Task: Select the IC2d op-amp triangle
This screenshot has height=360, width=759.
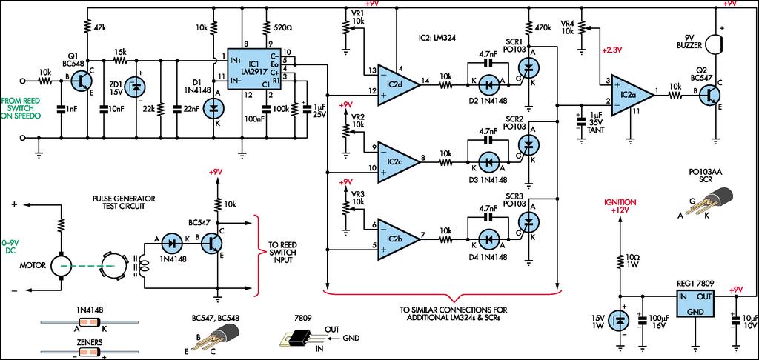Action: click(398, 84)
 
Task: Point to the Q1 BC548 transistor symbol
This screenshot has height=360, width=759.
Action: click(80, 82)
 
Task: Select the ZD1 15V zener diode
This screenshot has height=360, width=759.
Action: click(135, 86)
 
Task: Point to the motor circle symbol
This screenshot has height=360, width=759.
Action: click(62, 266)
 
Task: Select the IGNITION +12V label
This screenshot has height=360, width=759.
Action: click(619, 206)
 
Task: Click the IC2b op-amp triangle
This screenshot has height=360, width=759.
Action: click(398, 238)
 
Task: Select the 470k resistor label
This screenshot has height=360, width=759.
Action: click(541, 27)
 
